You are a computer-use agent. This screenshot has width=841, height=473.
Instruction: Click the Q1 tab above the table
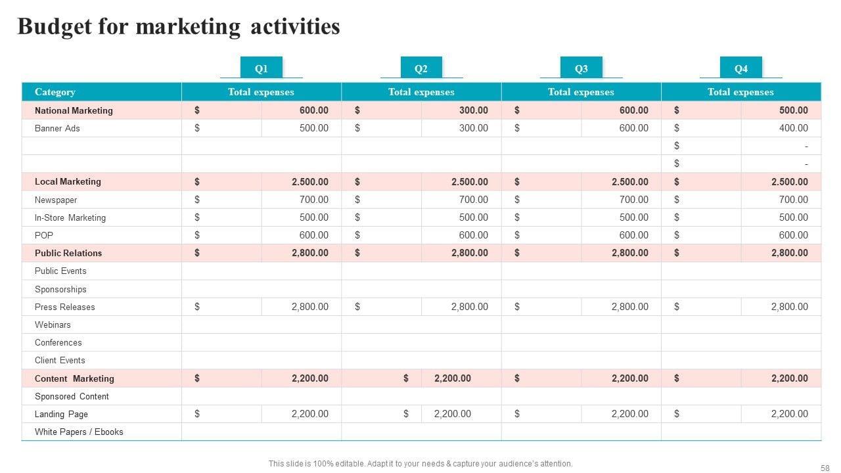pos(261,68)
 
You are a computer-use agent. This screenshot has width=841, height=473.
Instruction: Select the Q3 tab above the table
pos(581,68)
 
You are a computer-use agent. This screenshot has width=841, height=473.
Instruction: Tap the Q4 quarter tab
pos(740,68)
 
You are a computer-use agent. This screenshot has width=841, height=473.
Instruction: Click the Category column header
pos(55,92)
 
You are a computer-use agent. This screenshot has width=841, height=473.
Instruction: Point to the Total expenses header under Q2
pos(421,92)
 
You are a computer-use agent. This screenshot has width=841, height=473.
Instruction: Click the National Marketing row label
pos(74,110)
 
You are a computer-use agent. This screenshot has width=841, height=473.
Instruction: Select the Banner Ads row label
pos(57,128)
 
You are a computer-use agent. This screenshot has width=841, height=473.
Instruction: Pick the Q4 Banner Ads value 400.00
pos(793,128)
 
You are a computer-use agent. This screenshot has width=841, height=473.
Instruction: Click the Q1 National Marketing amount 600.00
pos(313,110)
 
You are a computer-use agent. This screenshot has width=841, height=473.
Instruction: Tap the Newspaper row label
pos(56,200)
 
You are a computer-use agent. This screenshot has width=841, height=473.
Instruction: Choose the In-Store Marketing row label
pos(70,217)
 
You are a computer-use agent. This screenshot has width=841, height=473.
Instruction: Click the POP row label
pos(44,235)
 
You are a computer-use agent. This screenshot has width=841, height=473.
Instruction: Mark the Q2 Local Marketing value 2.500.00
pos(469,182)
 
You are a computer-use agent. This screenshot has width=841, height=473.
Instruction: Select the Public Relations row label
pos(68,253)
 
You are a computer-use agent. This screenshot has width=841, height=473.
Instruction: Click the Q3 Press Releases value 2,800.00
pos(629,307)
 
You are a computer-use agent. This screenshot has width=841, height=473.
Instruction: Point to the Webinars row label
pos(53,325)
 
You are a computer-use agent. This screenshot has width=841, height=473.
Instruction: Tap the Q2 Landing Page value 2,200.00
pos(452,414)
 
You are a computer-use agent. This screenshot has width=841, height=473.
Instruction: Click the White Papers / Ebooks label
pos(79,432)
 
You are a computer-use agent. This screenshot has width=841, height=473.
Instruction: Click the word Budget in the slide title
pos(55,26)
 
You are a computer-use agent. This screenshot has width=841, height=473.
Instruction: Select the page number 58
pos(825,468)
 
